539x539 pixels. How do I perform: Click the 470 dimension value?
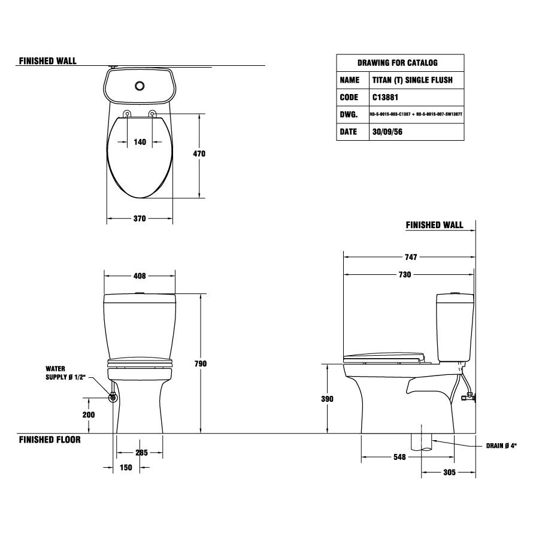pyautogui.click(x=199, y=154)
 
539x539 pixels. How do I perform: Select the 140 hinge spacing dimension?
pyautogui.click(x=140, y=142)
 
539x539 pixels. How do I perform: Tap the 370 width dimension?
pyautogui.click(x=139, y=219)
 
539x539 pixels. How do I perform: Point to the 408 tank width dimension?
pyautogui.click(x=139, y=276)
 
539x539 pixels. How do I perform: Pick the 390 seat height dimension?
pyautogui.click(x=327, y=399)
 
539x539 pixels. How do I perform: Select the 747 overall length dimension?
pyautogui.click(x=410, y=257)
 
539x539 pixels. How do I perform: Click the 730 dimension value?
pyautogui.click(x=405, y=275)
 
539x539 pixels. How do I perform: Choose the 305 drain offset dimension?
pyautogui.click(x=449, y=473)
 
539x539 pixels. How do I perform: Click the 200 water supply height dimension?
pyautogui.click(x=89, y=414)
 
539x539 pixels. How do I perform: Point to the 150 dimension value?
pyautogui.click(x=125, y=468)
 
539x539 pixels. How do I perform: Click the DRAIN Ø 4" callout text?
pyautogui.click(x=501, y=446)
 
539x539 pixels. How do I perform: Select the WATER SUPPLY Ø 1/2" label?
pyautogui.click(x=66, y=373)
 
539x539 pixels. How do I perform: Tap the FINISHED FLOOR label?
pyautogui.click(x=50, y=440)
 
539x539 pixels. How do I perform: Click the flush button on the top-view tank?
pyautogui.click(x=140, y=86)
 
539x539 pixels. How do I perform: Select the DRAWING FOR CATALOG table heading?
pyautogui.click(x=397, y=62)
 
